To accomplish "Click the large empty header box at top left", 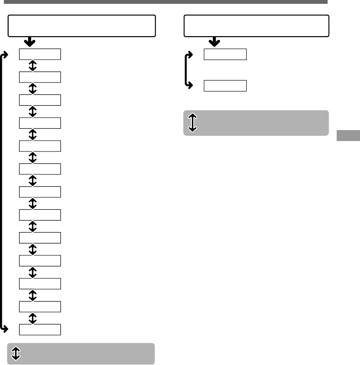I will pos(82,26).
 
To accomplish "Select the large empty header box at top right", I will pos(257,26).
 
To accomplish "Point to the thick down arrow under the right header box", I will pos(214,42).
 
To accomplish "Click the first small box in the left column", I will pos(40,54).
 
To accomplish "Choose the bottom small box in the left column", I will pos(40,329).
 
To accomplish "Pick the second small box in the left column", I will pos(40,77).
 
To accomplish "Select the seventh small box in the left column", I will pos(40,192).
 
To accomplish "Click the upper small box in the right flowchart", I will pos(225,54).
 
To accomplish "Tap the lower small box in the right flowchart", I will pos(225,86).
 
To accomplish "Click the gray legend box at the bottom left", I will pos(81,354).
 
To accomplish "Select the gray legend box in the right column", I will pos(256,123).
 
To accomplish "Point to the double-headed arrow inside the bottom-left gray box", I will pos(16,353).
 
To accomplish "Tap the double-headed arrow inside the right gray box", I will pos(192,122).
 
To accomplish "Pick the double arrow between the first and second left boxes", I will pos(33,66).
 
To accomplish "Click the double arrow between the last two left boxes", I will pos(33,318).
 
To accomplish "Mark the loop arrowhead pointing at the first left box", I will pos(7,54).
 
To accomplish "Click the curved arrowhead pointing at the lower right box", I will pos(191,86).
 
